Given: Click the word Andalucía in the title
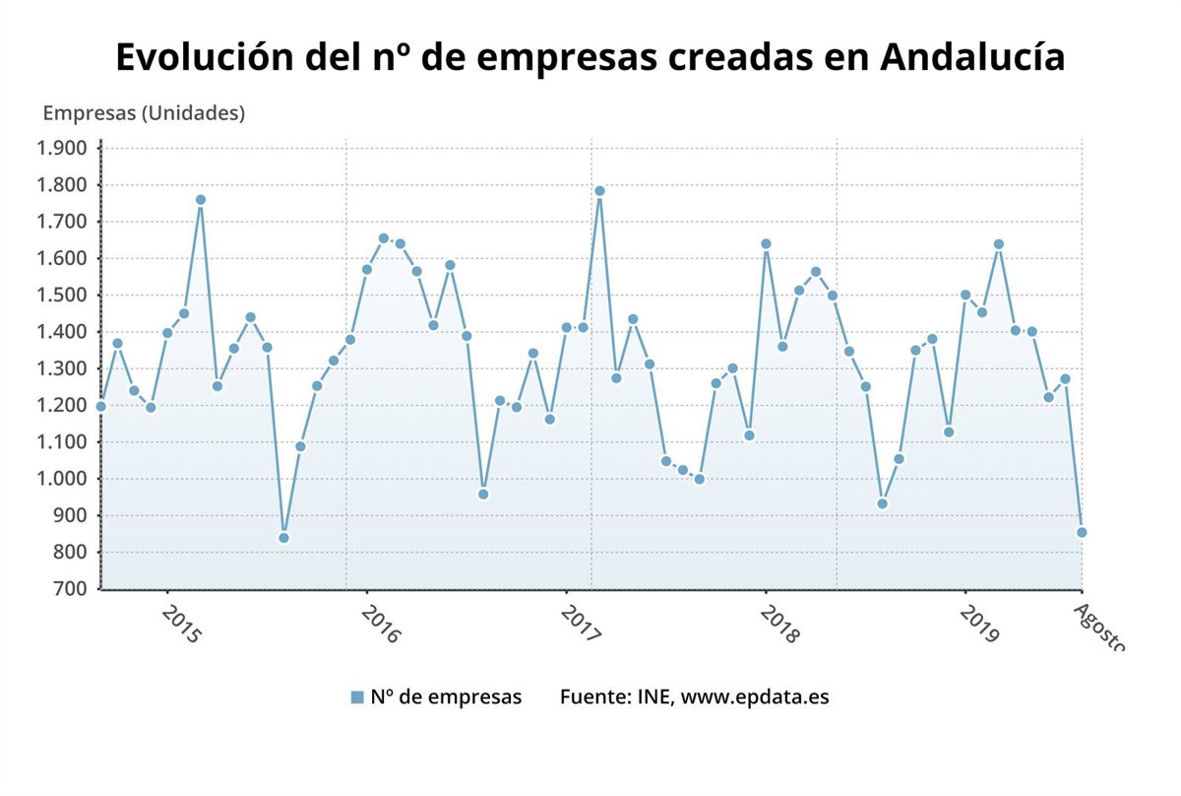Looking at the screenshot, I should [x=972, y=57].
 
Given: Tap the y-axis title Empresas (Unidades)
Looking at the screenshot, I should [x=144, y=113].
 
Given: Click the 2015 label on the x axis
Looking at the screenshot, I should [x=178, y=625].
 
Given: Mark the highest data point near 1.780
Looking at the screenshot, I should [x=599, y=191].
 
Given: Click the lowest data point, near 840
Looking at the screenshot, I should [x=283, y=538].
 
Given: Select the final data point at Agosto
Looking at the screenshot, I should [x=1082, y=533].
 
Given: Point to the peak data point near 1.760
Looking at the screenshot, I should [x=201, y=200].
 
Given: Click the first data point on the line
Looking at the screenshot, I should [x=100, y=406].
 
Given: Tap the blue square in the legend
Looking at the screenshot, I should [x=357, y=697].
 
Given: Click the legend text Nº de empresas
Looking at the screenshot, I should [x=446, y=697].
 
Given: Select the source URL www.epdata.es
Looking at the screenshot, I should [x=755, y=697].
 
